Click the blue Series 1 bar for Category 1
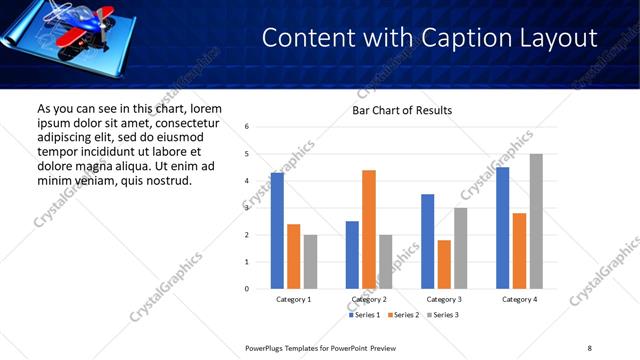[277, 231]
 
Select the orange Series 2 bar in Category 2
[369, 229]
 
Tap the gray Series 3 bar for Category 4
[536, 221]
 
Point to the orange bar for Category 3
[444, 264]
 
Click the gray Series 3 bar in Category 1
[310, 262]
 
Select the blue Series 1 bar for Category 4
[503, 228]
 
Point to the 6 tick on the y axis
[247, 127]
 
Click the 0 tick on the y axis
[247, 289]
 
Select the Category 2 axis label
[369, 299]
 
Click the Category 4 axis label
[519, 299]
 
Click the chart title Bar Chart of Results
[402, 110]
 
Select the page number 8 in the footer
[589, 348]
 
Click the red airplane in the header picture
[70, 22]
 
